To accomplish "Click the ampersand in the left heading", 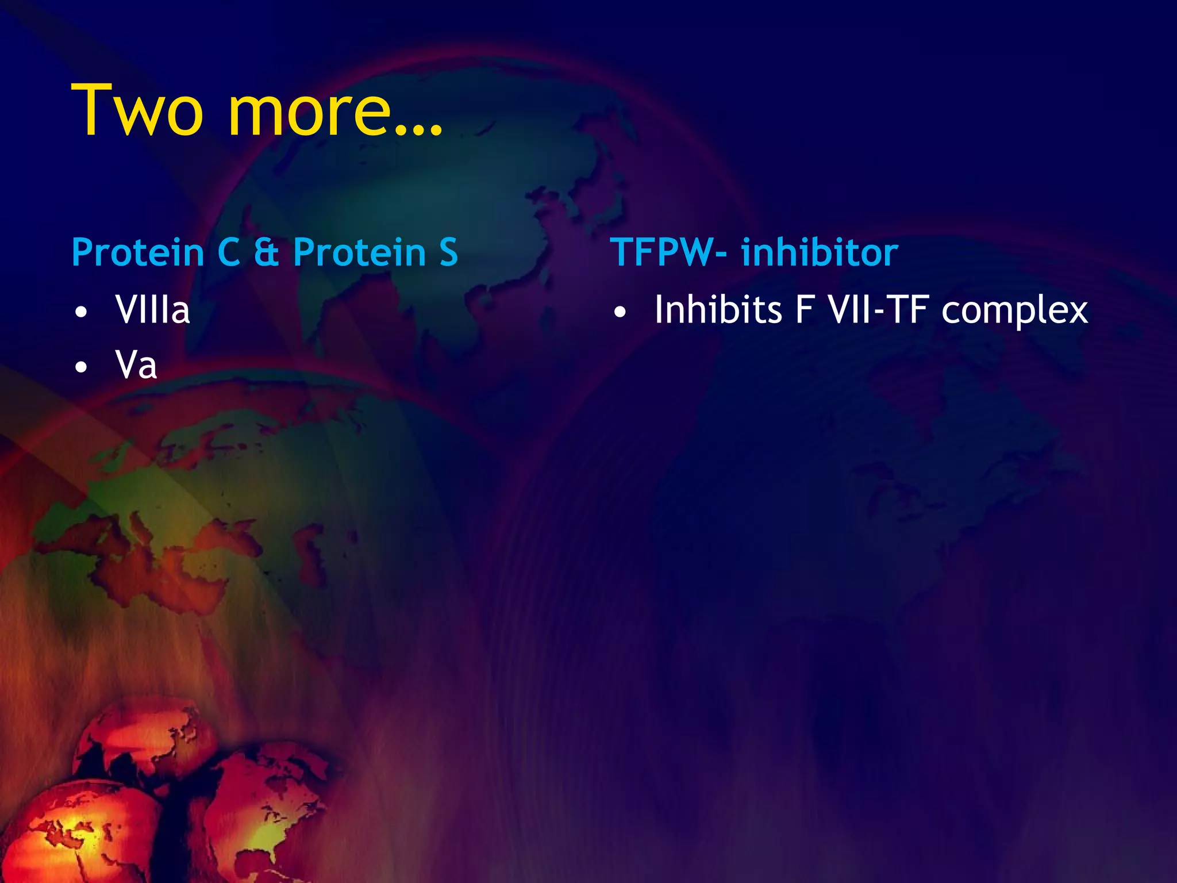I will (266, 253).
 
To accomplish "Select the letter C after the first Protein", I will (229, 253).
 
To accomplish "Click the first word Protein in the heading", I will (138, 253).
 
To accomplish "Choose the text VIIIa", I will (152, 310).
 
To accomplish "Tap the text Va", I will (136, 365).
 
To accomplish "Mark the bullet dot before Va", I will (82, 367).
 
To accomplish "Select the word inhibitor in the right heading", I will (820, 253).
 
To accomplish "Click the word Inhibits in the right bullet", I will (718, 310).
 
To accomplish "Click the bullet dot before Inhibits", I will (620, 313).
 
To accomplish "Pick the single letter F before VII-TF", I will (805, 310).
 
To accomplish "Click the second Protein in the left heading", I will (359, 253).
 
